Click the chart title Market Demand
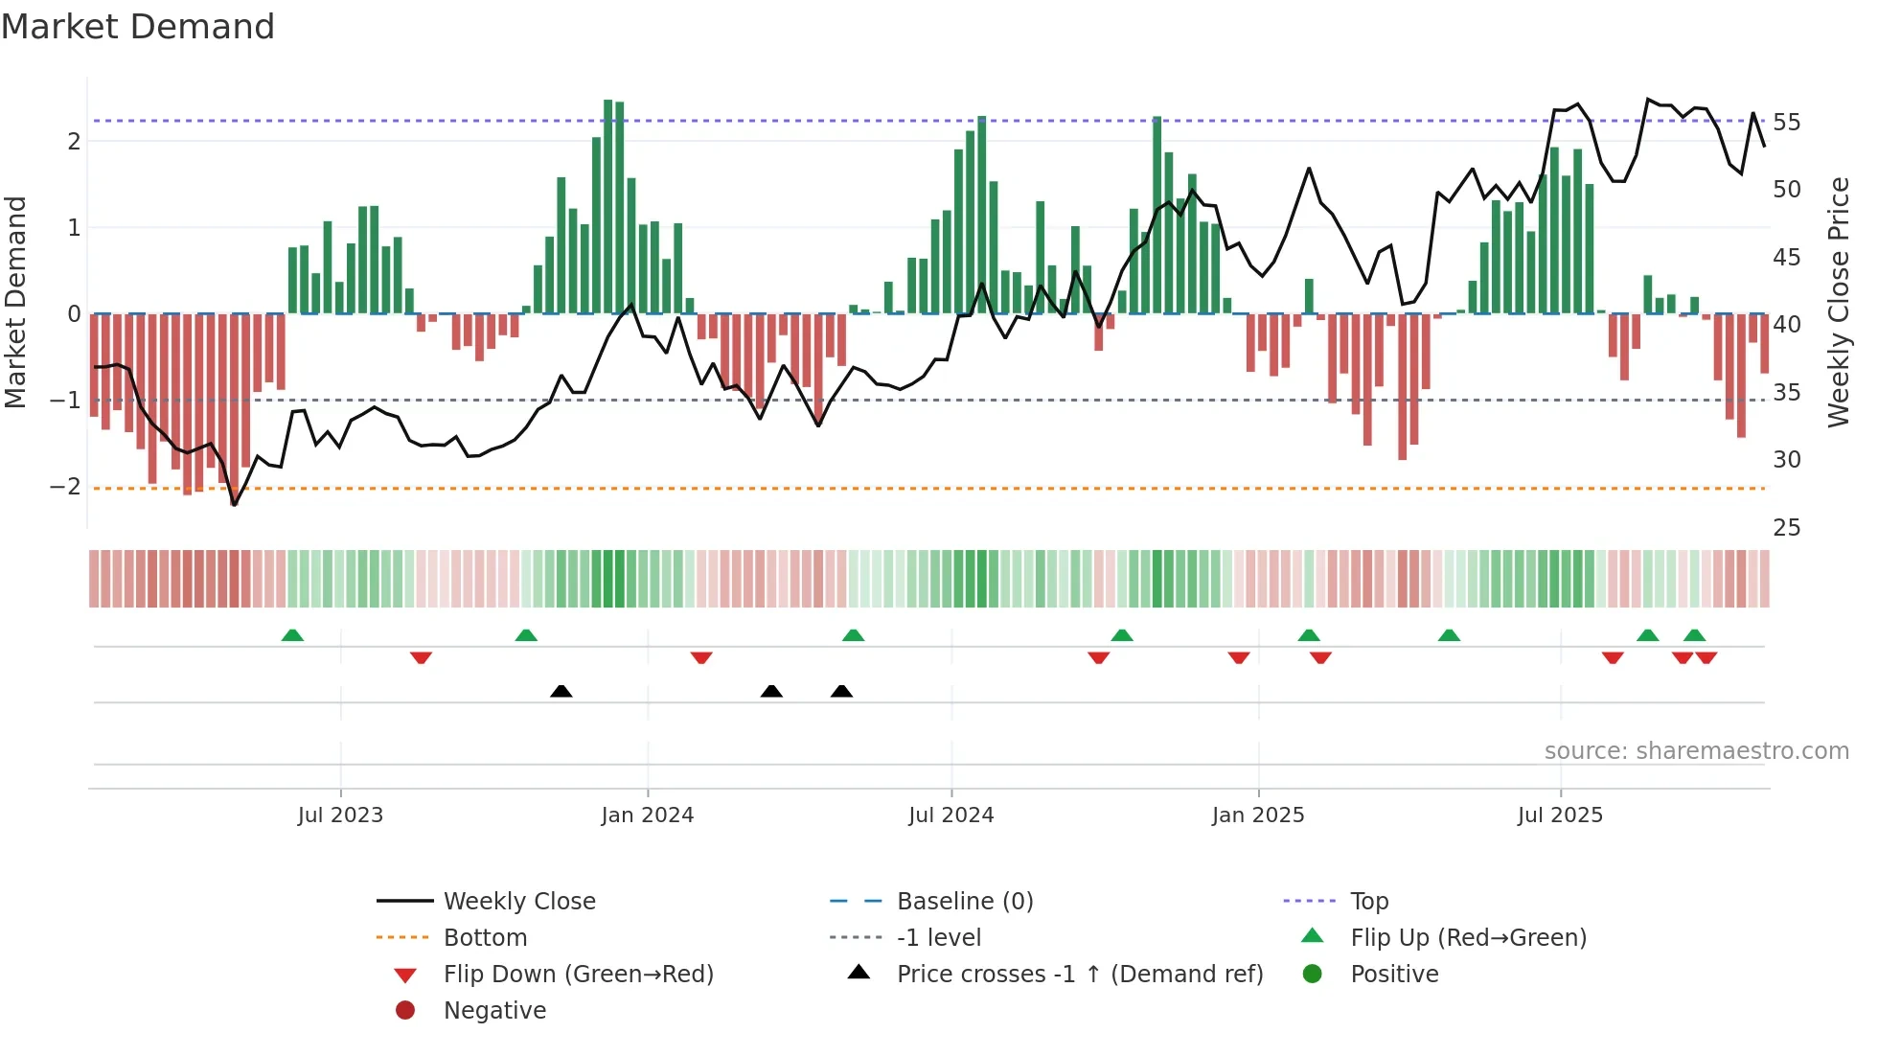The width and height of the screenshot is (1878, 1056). pos(138,27)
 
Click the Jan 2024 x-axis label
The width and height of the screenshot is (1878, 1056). pos(647,815)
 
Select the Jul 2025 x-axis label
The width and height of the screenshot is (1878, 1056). pos(1560,815)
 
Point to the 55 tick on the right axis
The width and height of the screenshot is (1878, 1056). pos(1786,123)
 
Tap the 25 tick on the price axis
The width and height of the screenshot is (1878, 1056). pos(1786,528)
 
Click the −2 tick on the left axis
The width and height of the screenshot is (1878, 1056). pos(65,487)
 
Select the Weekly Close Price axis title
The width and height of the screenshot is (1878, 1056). pos(1838,302)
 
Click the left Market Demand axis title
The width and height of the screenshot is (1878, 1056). pos(15,302)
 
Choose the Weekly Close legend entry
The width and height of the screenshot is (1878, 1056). pos(518,902)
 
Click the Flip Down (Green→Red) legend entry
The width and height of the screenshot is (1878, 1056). pos(578,975)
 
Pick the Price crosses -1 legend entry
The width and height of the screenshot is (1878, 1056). pos(1079,975)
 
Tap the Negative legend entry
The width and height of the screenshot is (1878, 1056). pos(494,1011)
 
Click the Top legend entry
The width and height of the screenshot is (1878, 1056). pos(1368,902)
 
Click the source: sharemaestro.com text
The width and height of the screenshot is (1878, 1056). pos(1696,751)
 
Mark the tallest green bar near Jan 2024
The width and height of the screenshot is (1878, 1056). pos(607,206)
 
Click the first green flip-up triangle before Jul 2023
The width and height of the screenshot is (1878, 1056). pos(292,635)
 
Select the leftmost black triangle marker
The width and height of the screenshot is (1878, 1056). pos(561,691)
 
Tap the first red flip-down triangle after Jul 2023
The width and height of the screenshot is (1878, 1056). pos(421,657)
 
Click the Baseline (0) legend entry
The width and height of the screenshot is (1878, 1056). pos(964,902)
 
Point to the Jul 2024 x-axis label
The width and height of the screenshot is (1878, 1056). pos(950,815)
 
